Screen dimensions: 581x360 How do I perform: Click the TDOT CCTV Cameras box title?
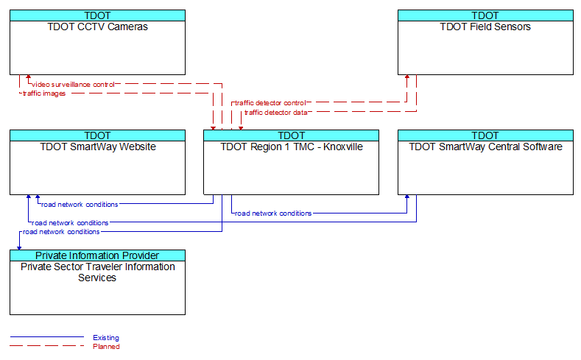[x=97, y=27]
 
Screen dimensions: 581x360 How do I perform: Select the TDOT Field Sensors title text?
[x=485, y=27]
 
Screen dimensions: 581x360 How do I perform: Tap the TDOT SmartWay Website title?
[x=98, y=147]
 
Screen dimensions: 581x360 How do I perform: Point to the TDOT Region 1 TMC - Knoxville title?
[x=292, y=147]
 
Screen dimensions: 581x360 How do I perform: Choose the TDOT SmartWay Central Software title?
[x=485, y=147]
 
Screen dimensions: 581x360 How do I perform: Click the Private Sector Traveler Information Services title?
[x=97, y=272]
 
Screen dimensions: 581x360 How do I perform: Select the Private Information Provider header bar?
[x=97, y=255]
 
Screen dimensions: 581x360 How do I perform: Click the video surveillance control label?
[x=73, y=85]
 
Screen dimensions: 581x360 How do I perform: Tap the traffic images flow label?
[x=44, y=93]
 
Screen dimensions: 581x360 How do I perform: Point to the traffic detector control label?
[x=270, y=103]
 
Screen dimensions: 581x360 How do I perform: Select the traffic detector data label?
[x=275, y=112]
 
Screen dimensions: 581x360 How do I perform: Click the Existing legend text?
[x=106, y=337]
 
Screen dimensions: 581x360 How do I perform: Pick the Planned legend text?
[x=106, y=346]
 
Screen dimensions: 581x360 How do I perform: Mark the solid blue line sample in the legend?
[x=47, y=336]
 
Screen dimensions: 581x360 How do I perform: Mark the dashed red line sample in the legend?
[x=47, y=346]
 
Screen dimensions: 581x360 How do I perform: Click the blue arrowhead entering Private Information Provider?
[x=19, y=248]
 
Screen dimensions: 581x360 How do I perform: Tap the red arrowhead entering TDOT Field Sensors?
[x=407, y=77]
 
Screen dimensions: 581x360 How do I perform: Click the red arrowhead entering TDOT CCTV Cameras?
[x=29, y=77]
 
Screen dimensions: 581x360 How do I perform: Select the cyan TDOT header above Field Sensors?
[x=485, y=15]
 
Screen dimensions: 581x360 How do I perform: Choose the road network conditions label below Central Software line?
[x=273, y=213]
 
